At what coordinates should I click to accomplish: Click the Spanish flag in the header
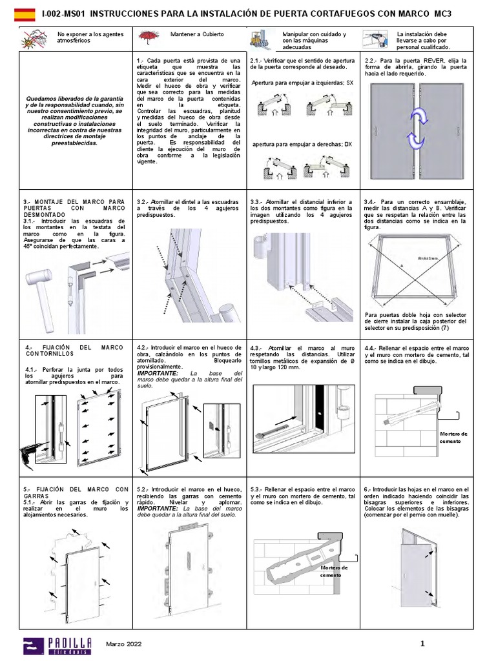pyautogui.click(x=25, y=12)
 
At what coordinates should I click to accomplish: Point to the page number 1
pyautogui.click(x=422, y=643)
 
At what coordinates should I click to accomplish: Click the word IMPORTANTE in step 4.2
pyautogui.click(x=156, y=373)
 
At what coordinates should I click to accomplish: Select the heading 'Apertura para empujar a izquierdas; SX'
pyautogui.click(x=302, y=83)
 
